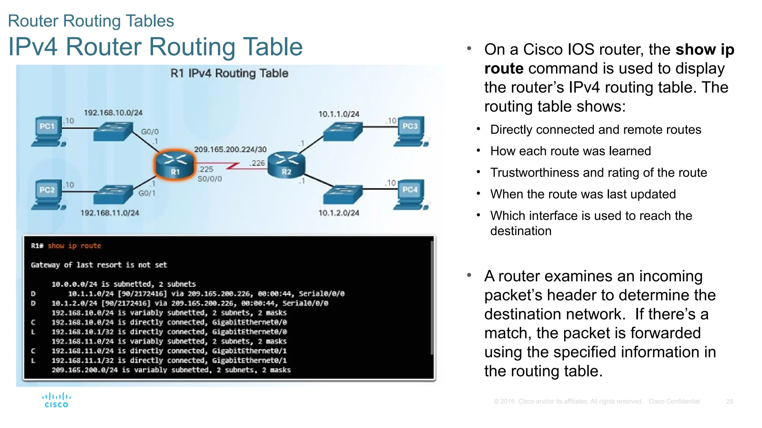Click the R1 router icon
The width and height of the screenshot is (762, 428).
[175, 165]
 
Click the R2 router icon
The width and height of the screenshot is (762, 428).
[286, 165]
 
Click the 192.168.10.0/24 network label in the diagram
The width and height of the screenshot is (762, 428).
[113, 113]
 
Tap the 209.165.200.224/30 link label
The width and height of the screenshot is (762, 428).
[230, 149]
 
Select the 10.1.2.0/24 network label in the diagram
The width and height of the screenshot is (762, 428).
[339, 213]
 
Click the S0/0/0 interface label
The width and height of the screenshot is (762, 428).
[209, 179]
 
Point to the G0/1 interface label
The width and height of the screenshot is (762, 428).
[147, 193]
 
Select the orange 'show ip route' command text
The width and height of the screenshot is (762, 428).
[74, 246]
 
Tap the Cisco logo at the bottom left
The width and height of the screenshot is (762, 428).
[56, 400]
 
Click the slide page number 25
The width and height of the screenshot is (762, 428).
[729, 401]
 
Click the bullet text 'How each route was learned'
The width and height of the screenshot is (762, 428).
[570, 151]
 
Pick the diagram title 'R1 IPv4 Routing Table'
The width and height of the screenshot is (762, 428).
[229, 73]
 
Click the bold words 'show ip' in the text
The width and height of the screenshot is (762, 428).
[705, 49]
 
